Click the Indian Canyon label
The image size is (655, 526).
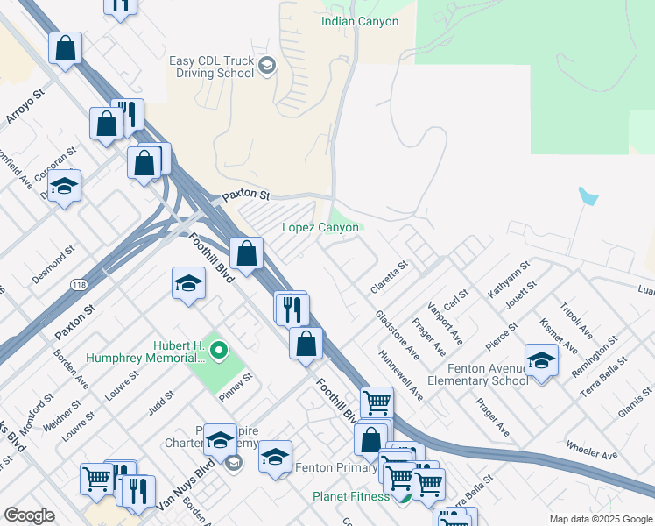pos(360,21)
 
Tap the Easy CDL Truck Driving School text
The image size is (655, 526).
pos(212,67)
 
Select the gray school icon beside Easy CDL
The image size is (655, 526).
pos(267,64)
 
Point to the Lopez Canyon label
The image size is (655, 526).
pos(320,227)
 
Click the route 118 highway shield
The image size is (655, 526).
pos(77,286)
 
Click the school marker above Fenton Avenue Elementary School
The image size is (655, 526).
pos(541,359)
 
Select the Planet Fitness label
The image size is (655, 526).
pos(351,497)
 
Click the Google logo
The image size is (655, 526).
pos(29,515)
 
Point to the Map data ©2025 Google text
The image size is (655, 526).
pos(600,519)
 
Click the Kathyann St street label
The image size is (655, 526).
pos(509,279)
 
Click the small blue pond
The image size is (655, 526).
pos(588,195)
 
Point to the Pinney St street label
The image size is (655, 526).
pos(236,385)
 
